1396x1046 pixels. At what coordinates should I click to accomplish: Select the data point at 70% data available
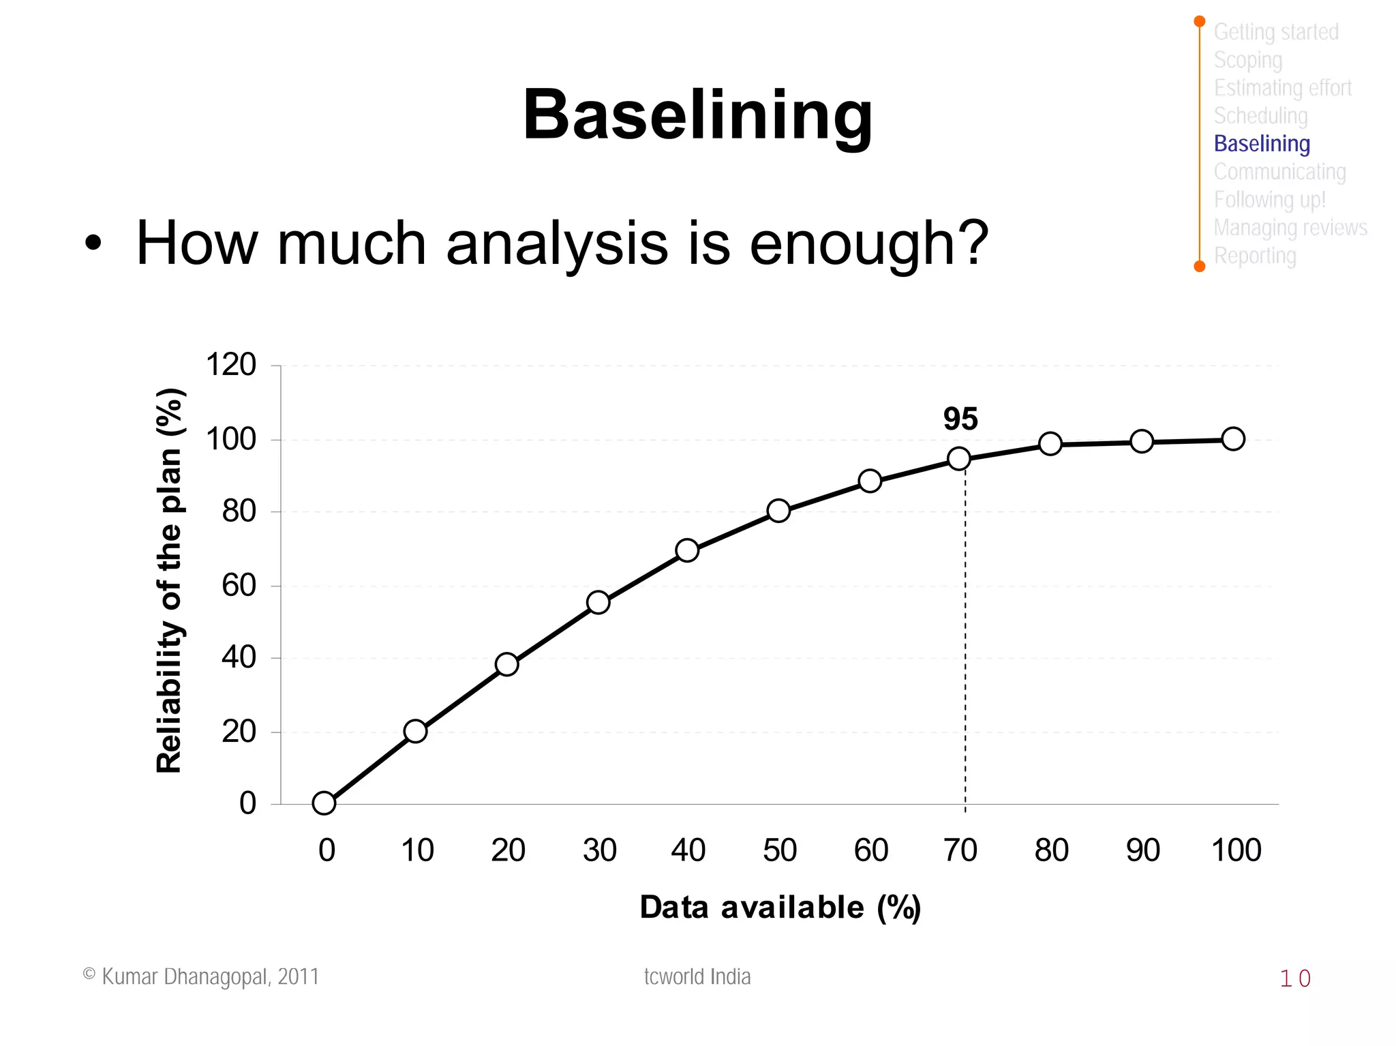click(x=959, y=459)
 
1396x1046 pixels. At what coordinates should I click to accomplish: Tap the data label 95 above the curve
click(x=960, y=419)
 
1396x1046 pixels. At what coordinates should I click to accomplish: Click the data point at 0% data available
click(x=324, y=803)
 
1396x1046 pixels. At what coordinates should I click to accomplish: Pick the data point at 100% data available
click(x=1233, y=439)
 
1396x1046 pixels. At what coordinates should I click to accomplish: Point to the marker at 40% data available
click(x=687, y=550)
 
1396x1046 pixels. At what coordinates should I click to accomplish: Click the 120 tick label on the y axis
click(x=230, y=365)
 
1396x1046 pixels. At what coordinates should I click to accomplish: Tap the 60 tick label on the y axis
click(x=239, y=585)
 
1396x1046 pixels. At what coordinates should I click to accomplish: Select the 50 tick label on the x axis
click(x=779, y=850)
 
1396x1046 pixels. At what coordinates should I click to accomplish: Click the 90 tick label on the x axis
click(x=1142, y=850)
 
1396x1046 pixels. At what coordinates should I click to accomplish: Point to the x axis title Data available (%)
click(x=780, y=908)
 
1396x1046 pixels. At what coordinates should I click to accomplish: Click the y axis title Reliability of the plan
click(x=170, y=580)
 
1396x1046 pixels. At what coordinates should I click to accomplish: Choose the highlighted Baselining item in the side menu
click(x=1262, y=144)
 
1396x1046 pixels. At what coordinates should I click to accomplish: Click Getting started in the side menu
click(x=1276, y=32)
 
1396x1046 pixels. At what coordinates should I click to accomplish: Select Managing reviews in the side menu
click(x=1290, y=228)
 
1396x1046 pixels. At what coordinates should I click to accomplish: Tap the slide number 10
click(x=1294, y=978)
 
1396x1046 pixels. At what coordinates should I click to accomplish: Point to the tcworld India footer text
click(x=697, y=976)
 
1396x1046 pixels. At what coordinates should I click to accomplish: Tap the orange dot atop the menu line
click(x=1200, y=22)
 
